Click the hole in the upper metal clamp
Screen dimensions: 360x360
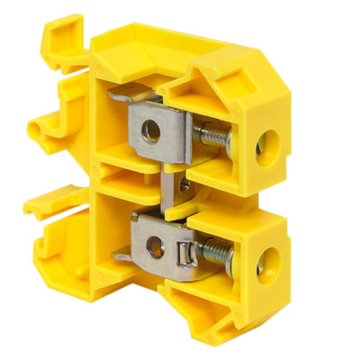tap(152, 130)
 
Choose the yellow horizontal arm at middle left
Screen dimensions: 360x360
tap(52, 200)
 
